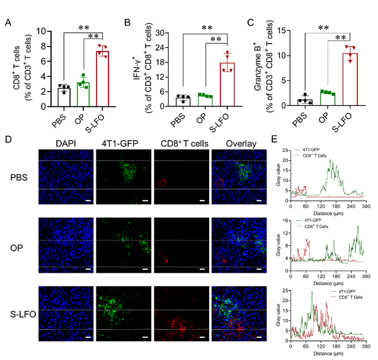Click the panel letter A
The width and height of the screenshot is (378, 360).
pos(8,23)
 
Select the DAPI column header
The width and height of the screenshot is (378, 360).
pos(66,144)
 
